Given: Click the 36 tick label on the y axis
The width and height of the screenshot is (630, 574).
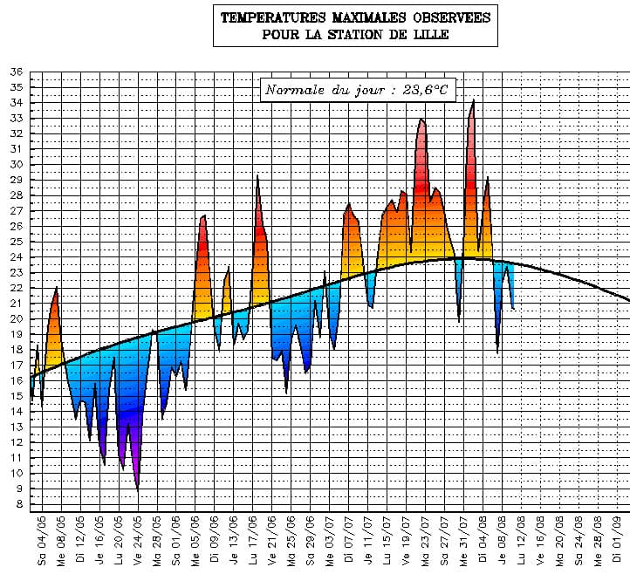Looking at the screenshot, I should pos(17,72).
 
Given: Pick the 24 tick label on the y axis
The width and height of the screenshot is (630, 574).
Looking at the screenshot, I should pos(17,256).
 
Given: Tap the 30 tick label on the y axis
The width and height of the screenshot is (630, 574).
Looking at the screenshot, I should pos(17,164).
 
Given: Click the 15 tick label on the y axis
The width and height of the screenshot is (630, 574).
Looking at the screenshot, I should pos(17,395).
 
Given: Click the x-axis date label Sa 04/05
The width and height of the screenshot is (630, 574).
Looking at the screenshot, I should pos(42,541).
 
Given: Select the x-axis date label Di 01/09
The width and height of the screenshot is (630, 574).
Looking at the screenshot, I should pos(617,541).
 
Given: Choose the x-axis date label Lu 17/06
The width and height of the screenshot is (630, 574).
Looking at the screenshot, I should pos(253,541).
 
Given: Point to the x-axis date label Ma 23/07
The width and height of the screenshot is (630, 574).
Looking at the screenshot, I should pos(425,541).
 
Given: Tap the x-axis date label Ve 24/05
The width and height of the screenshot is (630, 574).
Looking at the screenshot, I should pos(138,541).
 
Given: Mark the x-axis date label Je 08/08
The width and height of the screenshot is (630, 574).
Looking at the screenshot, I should pos(502,541).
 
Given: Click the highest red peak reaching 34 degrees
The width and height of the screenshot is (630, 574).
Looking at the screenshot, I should pos(473,101).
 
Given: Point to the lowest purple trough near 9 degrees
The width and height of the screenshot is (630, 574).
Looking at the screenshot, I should pos(138,489).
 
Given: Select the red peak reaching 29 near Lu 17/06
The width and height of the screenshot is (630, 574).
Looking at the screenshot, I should pos(257,176).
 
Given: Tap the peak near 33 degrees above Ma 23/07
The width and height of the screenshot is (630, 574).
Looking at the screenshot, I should pos(421,120).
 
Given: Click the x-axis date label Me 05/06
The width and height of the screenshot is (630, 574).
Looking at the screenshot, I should pos(195,541).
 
